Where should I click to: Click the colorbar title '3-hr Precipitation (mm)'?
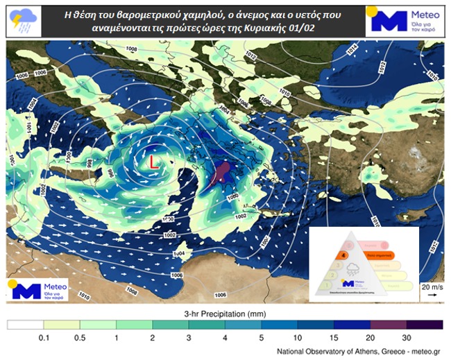click(x=225, y=313)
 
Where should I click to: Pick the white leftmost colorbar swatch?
click(x=25, y=324)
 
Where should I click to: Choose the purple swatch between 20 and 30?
click(x=389, y=324)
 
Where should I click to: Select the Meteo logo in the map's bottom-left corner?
click(x=39, y=289)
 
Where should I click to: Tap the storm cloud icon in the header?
click(x=24, y=21)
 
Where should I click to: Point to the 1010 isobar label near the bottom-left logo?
click(x=84, y=296)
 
